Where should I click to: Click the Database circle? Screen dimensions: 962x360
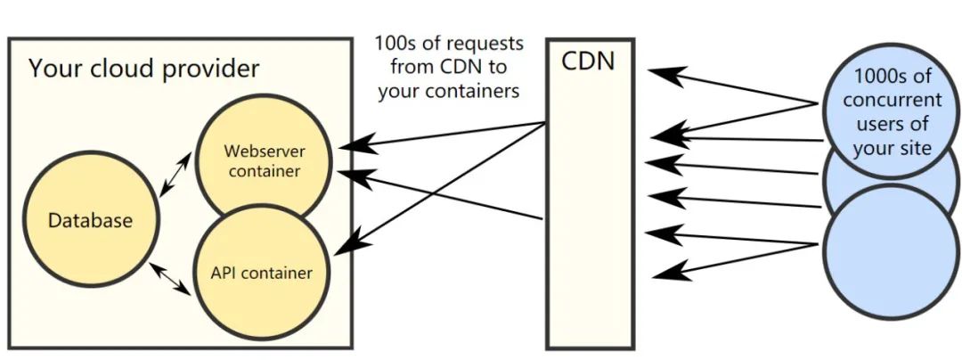coord(90,219)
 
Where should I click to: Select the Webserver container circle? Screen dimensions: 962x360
coord(263,161)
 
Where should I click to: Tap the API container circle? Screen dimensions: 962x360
coord(262,273)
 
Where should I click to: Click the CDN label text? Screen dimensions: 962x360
coord(589,62)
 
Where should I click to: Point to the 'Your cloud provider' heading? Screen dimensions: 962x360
coord(144,68)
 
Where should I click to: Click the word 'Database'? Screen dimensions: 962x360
coord(90,220)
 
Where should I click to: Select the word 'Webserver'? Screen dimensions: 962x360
coord(265,151)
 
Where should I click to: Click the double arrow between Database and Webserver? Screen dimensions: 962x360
coord(175,176)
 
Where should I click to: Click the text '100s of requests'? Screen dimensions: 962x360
coord(449,45)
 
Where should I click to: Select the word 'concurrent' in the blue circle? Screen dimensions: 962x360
coord(892,100)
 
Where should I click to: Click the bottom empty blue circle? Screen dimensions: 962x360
coord(891,252)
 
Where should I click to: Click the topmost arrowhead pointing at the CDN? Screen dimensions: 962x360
coord(665,74)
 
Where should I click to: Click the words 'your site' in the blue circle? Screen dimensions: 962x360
coord(893,149)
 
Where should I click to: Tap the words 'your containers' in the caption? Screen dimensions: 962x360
coord(448,92)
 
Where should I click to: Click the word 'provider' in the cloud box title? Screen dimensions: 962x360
coord(211,69)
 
